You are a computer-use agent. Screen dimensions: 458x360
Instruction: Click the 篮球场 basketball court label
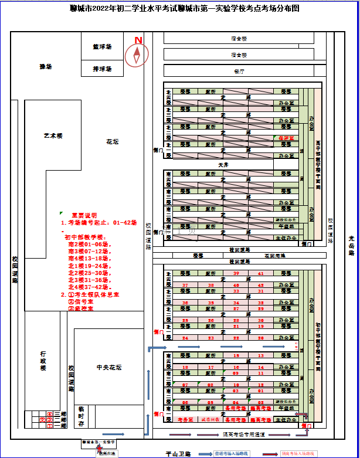(102, 46)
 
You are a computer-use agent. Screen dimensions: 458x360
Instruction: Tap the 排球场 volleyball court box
(102, 69)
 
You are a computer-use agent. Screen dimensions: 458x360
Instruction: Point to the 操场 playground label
(46, 67)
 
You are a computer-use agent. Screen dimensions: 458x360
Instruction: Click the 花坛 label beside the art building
(113, 142)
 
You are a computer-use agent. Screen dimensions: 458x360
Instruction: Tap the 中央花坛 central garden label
(108, 368)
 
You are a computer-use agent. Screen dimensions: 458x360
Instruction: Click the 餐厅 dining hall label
(239, 71)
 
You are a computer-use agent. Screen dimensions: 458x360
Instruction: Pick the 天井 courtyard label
(223, 165)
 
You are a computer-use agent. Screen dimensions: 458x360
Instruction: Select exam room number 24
(185, 338)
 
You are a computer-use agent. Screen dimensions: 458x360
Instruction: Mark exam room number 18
(185, 368)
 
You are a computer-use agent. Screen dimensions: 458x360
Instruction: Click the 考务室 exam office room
(185, 420)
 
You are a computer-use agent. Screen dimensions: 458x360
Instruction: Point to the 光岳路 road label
(351, 245)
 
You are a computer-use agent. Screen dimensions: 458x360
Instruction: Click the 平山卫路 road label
(176, 453)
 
